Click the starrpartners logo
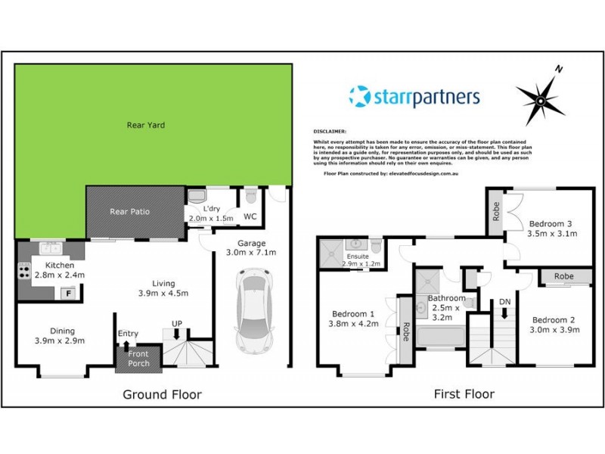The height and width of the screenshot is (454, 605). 414,97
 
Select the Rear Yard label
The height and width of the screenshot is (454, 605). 146,125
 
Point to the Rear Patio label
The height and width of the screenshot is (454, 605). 129,212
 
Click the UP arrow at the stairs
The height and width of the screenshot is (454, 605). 177,331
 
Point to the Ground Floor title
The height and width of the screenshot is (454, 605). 163,394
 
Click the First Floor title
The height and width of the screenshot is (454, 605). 464,394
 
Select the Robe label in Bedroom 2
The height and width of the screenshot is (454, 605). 563,277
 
